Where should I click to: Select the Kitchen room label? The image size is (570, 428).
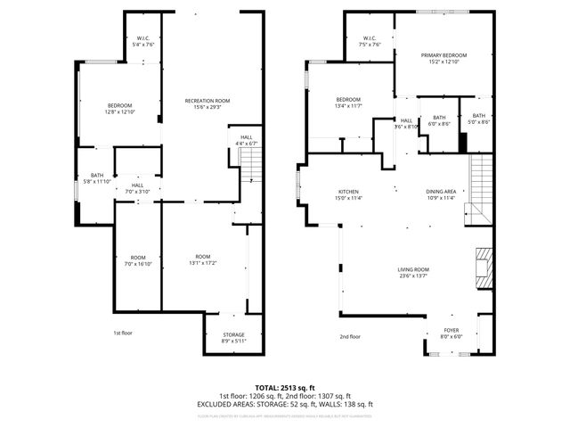pos(347,194)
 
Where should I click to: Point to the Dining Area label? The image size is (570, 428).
pos(441,194)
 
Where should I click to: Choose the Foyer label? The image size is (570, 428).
pos(452,332)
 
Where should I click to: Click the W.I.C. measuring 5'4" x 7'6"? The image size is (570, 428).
pos(142,40)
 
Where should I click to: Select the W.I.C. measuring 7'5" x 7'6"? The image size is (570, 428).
pos(370,40)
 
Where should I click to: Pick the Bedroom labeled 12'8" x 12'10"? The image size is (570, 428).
pos(119,109)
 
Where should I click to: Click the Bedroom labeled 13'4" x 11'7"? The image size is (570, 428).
pos(348,102)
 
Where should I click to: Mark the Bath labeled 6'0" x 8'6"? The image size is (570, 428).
pos(439,120)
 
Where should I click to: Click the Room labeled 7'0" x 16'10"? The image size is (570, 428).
pos(138,260)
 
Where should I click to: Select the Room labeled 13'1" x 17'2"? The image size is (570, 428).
pos(203,260)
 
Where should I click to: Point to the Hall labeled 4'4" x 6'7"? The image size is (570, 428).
pos(245,140)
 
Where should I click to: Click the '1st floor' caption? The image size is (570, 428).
pos(123,333)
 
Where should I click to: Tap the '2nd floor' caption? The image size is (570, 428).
pos(350,337)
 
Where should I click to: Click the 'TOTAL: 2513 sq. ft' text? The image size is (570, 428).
pos(285,389)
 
